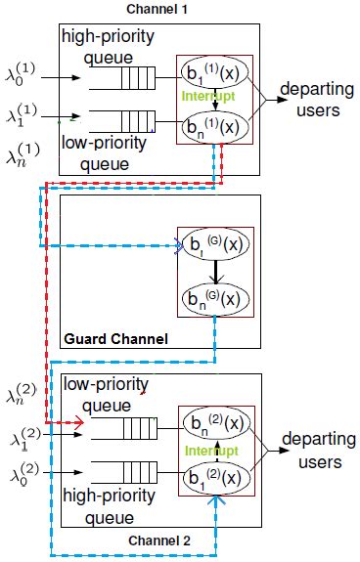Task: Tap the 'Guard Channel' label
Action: (116, 339)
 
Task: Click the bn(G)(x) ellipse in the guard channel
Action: (213, 297)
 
